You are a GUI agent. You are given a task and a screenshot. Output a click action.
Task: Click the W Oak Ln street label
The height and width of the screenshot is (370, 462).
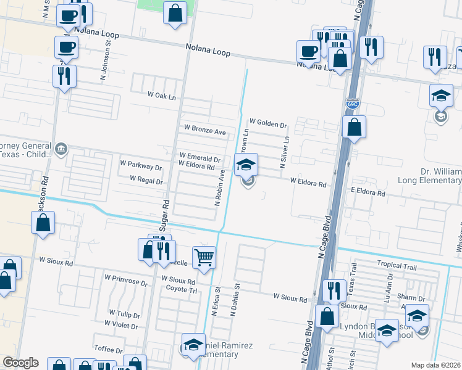161,96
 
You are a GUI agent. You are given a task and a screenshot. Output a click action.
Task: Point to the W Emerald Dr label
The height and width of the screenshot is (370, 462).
199,158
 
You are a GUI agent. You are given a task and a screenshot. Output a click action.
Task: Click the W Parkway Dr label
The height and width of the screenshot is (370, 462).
140,167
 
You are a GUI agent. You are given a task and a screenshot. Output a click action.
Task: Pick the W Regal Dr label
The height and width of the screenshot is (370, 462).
146,181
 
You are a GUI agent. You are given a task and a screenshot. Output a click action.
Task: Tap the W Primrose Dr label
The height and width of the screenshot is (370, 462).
126,284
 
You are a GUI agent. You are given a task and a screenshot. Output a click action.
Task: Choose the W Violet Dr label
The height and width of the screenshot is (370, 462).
121,323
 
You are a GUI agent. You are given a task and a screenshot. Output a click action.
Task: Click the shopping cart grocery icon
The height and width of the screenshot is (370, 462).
204,258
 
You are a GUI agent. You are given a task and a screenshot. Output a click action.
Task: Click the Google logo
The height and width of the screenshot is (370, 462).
20,363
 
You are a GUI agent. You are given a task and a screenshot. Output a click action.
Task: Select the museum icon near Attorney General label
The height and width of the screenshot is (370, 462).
61,148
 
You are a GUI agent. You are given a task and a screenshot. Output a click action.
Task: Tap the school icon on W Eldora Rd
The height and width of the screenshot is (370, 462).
246,165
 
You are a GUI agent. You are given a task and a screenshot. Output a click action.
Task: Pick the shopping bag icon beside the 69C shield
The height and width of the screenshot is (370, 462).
354,127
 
